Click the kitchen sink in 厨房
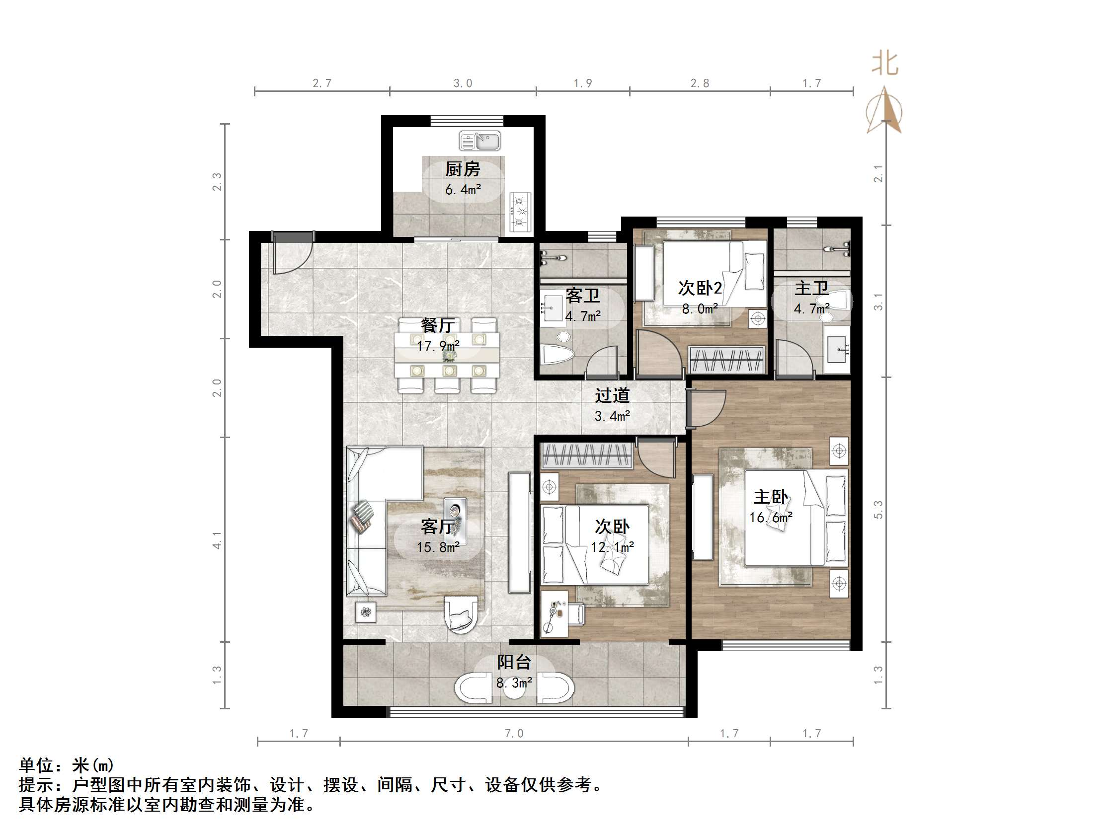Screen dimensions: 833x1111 coord(479,141)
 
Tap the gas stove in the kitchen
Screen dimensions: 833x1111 coord(520,212)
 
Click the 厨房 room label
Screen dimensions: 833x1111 coord(463,169)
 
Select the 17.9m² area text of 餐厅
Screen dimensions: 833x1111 coord(438,346)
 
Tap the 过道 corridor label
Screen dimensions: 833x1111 coord(612,396)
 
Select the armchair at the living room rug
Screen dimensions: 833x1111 coord(461,614)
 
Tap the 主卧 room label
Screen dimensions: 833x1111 coord(771,497)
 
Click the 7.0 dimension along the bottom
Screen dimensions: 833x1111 coord(514,734)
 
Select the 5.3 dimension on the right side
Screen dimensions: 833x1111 coord(878,509)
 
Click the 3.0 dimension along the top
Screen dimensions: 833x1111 coord(463,83)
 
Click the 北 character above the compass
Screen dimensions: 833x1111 coord(884,64)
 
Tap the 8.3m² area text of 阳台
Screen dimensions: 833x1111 coord(514,683)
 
